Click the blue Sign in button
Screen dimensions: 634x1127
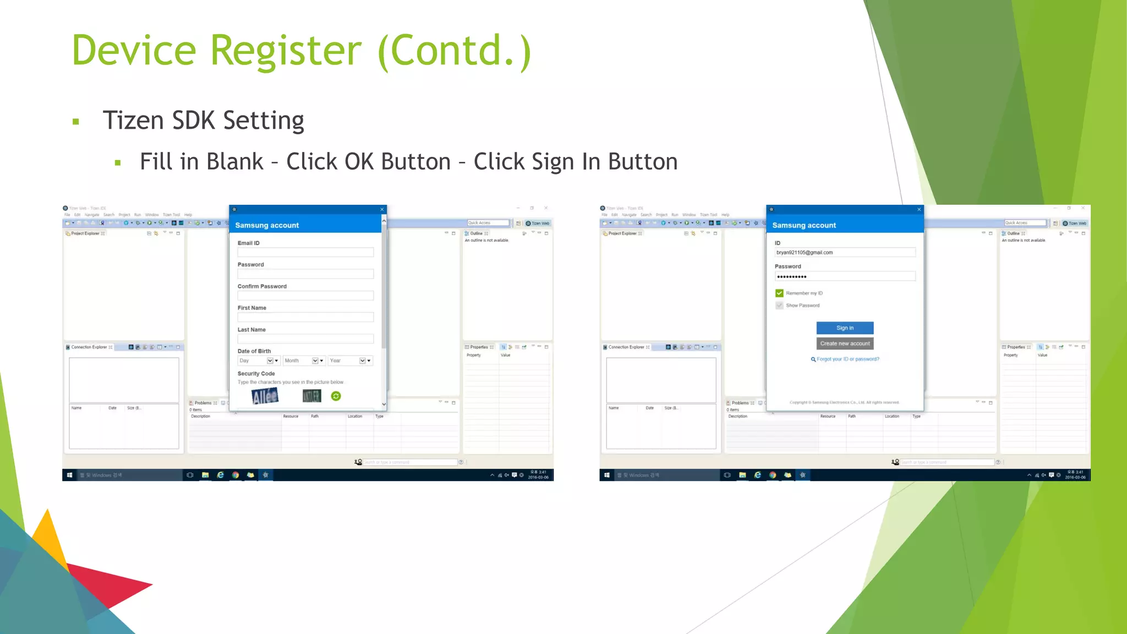(x=845, y=328)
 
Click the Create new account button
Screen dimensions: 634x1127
(x=845, y=343)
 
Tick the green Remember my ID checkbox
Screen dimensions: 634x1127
(x=779, y=293)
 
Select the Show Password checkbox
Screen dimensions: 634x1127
(x=779, y=305)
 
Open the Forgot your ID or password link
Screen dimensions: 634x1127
(x=847, y=359)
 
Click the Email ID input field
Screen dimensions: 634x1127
(x=305, y=253)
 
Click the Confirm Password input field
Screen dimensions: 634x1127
(x=305, y=296)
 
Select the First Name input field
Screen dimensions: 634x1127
(x=305, y=318)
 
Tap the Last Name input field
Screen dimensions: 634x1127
(x=305, y=339)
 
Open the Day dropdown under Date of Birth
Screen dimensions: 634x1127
(x=258, y=361)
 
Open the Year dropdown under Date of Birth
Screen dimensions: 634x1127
(x=350, y=361)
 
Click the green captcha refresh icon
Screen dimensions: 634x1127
(x=336, y=396)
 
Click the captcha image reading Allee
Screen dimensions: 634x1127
(x=265, y=396)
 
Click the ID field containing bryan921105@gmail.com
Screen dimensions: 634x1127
(x=845, y=253)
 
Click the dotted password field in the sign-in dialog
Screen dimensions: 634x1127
(x=845, y=276)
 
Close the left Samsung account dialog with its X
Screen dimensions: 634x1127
(x=382, y=209)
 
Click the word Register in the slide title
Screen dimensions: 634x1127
(x=286, y=51)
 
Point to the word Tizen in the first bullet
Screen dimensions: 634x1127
(x=133, y=121)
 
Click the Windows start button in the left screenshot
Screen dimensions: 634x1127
(x=69, y=475)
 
